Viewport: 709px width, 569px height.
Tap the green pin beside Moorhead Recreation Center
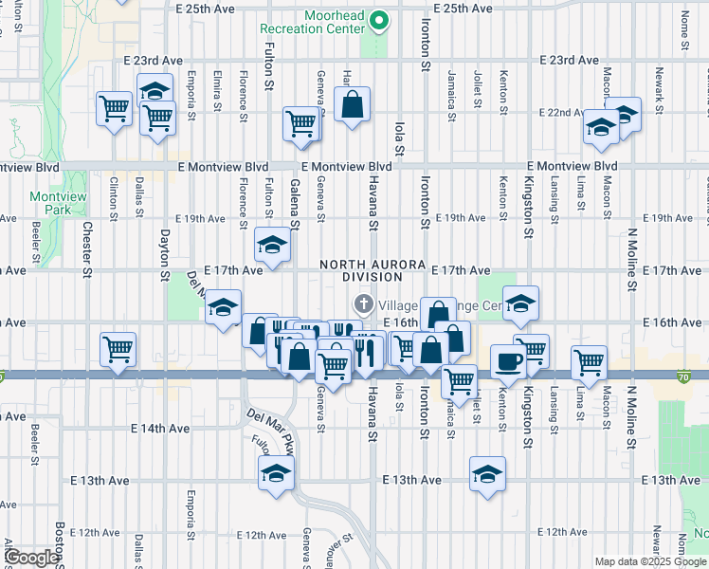[379, 20]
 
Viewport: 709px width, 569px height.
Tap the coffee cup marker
[507, 361]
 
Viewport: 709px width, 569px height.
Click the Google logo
[32, 558]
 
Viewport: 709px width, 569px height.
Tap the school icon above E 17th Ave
[271, 246]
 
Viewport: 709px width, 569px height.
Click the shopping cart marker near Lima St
[589, 360]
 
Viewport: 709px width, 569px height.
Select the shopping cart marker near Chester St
[118, 349]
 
